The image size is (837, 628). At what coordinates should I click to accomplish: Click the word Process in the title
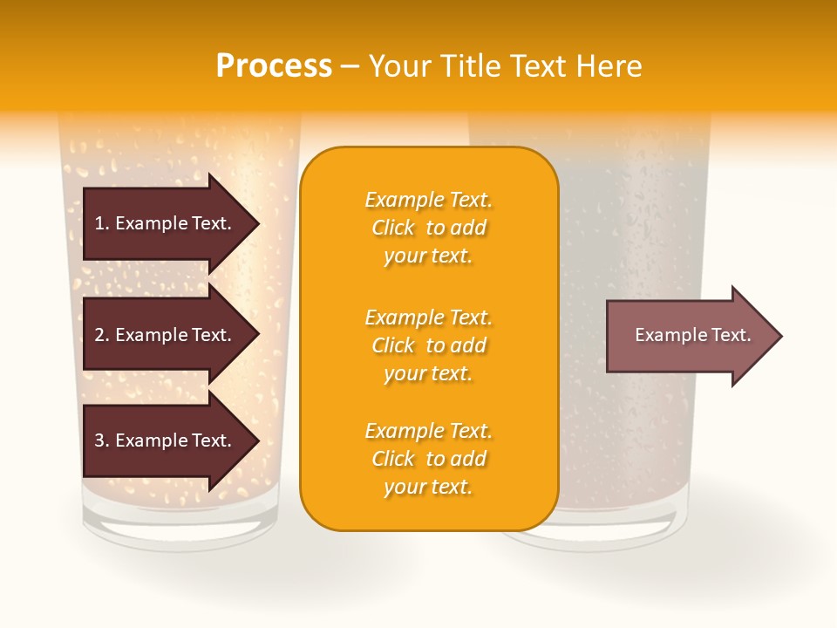coord(274,66)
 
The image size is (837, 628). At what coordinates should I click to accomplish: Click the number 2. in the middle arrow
coord(102,335)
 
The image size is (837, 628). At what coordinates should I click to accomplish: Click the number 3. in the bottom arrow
coord(102,440)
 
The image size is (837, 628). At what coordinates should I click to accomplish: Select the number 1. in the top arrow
coord(102,223)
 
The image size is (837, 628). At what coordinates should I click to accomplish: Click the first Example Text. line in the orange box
coord(428,200)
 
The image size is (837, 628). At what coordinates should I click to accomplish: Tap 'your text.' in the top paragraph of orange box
coord(428,256)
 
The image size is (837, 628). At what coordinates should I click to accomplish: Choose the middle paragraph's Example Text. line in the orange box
coord(428,317)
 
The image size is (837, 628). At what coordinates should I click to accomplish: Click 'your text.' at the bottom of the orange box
coord(428,488)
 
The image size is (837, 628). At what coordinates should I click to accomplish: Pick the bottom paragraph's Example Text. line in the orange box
coord(428,431)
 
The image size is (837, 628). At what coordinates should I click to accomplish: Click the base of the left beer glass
coord(180,528)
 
